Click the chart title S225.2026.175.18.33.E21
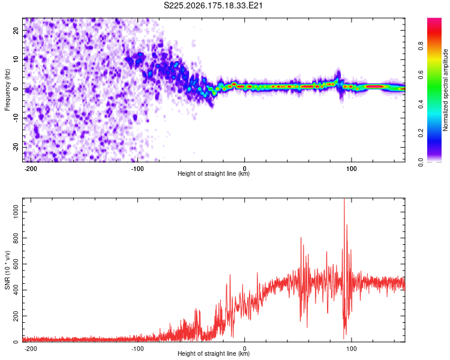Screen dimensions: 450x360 [x=213, y=5]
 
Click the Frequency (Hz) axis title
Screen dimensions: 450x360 [x=7, y=90]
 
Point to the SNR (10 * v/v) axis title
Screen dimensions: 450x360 [x=7, y=270]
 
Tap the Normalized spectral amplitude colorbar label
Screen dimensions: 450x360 [x=445, y=90]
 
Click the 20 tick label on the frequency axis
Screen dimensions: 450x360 [x=16, y=30]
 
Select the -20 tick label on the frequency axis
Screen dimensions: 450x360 [x=16, y=148]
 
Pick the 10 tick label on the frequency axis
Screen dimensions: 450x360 [x=16, y=59]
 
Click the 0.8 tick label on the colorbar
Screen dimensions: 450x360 [x=421, y=46]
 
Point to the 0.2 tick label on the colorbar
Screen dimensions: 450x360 [x=421, y=133]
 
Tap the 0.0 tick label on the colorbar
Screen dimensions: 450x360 [x=421, y=162]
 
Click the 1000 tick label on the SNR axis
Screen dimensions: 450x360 [x=16, y=212]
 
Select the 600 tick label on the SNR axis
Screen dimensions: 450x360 [x=16, y=264]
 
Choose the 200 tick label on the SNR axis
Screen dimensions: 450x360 [x=16, y=316]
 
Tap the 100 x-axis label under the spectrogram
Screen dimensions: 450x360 [x=351, y=169]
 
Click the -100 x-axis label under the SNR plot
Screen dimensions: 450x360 [x=137, y=349]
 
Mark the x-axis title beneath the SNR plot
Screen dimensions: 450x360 [x=214, y=353]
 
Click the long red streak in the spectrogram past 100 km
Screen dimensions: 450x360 [x=374, y=86]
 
